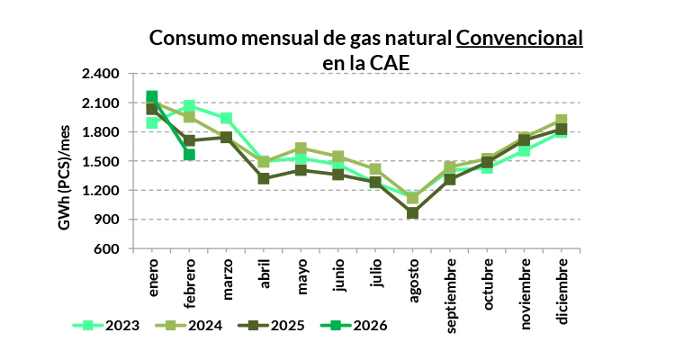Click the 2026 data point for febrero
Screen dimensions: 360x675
click(190, 155)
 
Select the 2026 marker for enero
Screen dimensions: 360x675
click(152, 97)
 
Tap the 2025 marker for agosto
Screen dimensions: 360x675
click(413, 213)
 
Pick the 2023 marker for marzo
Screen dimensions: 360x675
click(227, 119)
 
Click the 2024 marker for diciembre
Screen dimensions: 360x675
click(562, 121)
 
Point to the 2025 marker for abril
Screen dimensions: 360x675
click(264, 178)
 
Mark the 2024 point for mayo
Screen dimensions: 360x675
click(301, 148)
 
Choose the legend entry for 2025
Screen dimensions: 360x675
click(274, 325)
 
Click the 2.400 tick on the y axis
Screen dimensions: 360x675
click(101, 75)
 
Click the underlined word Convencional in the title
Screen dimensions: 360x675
click(519, 39)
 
